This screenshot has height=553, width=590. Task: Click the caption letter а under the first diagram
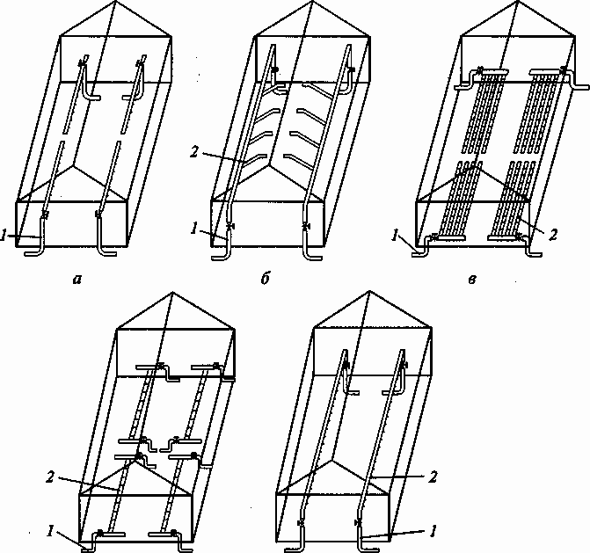click(x=77, y=280)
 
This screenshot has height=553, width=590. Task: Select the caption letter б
click(x=266, y=279)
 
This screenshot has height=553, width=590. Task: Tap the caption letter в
click(x=472, y=280)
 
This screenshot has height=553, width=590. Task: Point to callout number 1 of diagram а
click(x=3, y=236)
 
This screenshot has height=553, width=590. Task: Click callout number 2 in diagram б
click(x=193, y=153)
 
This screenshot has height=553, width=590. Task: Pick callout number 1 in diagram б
click(x=193, y=229)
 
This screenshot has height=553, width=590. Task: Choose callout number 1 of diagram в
click(x=395, y=236)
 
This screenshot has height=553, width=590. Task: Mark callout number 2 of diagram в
click(x=552, y=235)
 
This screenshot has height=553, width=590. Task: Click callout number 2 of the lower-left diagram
click(x=50, y=477)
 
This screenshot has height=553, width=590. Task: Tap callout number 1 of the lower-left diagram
click(x=50, y=531)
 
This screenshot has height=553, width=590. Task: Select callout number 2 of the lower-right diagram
click(x=433, y=477)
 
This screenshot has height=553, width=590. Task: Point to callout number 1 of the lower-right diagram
click(x=433, y=531)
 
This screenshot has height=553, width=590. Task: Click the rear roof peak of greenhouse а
click(x=115, y=2)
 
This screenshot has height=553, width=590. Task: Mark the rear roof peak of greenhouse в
click(x=518, y=2)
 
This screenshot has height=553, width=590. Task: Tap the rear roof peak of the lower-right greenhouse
click(x=369, y=291)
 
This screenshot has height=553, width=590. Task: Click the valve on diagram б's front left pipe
click(x=229, y=226)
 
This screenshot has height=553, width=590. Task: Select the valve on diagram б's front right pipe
click(x=306, y=227)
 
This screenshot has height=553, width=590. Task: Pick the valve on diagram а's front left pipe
click(x=46, y=215)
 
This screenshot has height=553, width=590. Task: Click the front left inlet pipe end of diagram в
click(x=413, y=254)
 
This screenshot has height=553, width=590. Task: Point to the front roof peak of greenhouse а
click(x=75, y=164)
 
